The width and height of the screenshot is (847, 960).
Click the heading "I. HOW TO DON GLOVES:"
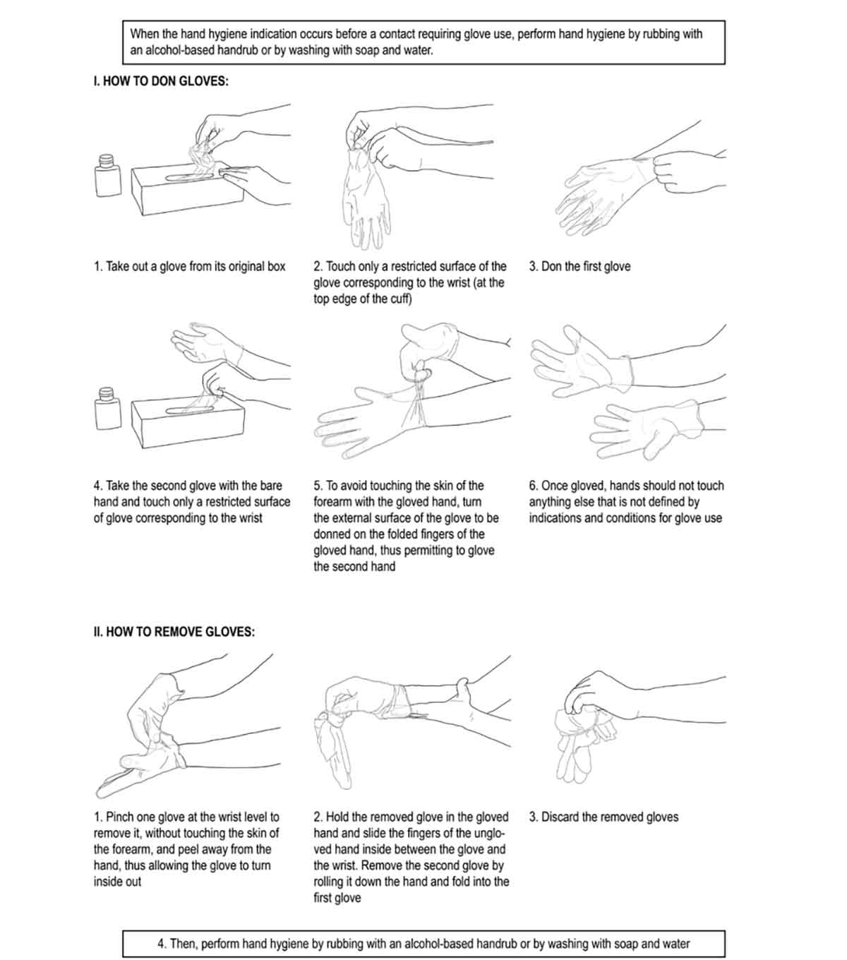(161, 81)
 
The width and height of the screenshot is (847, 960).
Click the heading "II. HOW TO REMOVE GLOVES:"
(174, 632)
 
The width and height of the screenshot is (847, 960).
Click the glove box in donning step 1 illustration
(188, 190)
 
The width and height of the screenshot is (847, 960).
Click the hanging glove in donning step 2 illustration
(366, 199)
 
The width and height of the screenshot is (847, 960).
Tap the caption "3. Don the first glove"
(579, 266)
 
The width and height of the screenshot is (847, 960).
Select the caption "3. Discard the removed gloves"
(604, 817)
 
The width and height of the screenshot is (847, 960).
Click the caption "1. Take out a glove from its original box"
(190, 266)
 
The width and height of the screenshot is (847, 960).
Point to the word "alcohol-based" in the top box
(178, 50)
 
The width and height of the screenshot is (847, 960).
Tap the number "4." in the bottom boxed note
(162, 944)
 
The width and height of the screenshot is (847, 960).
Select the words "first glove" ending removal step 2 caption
(337, 898)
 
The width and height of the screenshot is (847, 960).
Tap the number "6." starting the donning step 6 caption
(534, 486)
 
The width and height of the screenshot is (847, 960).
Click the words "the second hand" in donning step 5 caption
(354, 567)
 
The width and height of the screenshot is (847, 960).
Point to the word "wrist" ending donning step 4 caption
(251, 518)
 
